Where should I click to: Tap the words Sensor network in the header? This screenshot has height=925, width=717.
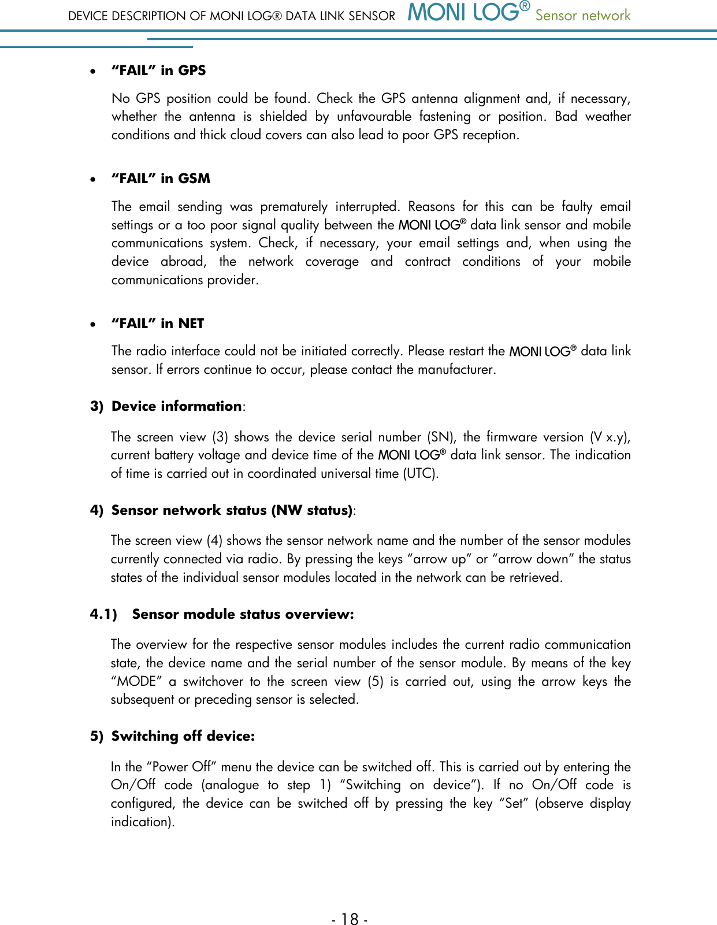[582, 16]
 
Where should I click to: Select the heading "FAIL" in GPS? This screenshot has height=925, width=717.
[158, 70]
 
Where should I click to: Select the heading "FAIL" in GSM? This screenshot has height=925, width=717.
[161, 179]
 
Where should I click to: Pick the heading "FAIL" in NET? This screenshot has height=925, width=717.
[158, 324]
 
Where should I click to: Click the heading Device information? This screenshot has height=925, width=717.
[176, 406]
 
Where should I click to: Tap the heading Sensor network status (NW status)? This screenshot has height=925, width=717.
[232, 510]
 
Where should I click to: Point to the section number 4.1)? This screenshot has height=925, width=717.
[103, 614]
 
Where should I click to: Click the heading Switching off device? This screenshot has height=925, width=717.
[183, 736]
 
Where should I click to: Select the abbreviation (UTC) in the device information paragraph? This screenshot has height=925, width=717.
[420, 474]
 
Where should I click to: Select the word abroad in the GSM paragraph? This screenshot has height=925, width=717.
[183, 261]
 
